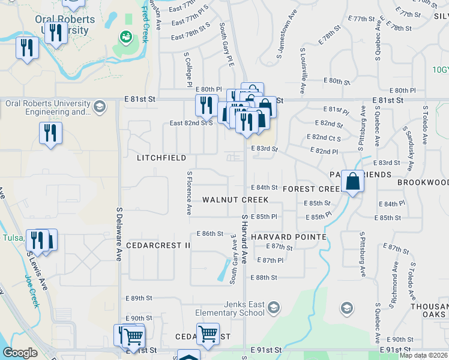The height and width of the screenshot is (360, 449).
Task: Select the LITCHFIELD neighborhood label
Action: pyautogui.click(x=161, y=158)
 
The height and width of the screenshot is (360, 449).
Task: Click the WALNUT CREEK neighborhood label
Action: pyautogui.click(x=235, y=199)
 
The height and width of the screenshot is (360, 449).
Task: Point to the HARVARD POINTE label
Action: pyautogui.click(x=289, y=237)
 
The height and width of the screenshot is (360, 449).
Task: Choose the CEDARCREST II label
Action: pyautogui.click(x=158, y=245)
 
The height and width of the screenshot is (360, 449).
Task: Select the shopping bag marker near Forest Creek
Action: pyautogui.click(x=354, y=180)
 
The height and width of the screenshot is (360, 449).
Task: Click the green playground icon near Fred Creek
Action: pyautogui.click(x=125, y=37)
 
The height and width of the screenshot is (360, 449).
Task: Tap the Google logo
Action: pyautogui.click(x=20, y=353)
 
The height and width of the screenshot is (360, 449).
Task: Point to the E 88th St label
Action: pyautogui.click(x=267, y=277)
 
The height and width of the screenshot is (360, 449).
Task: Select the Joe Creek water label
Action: pyautogui.click(x=32, y=291)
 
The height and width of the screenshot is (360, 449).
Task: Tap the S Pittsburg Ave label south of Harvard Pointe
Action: pyautogui.click(x=363, y=254)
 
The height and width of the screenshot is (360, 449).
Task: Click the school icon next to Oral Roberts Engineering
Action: pyautogui.click(x=99, y=107)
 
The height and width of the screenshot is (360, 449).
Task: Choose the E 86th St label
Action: pyautogui.click(x=210, y=233)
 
